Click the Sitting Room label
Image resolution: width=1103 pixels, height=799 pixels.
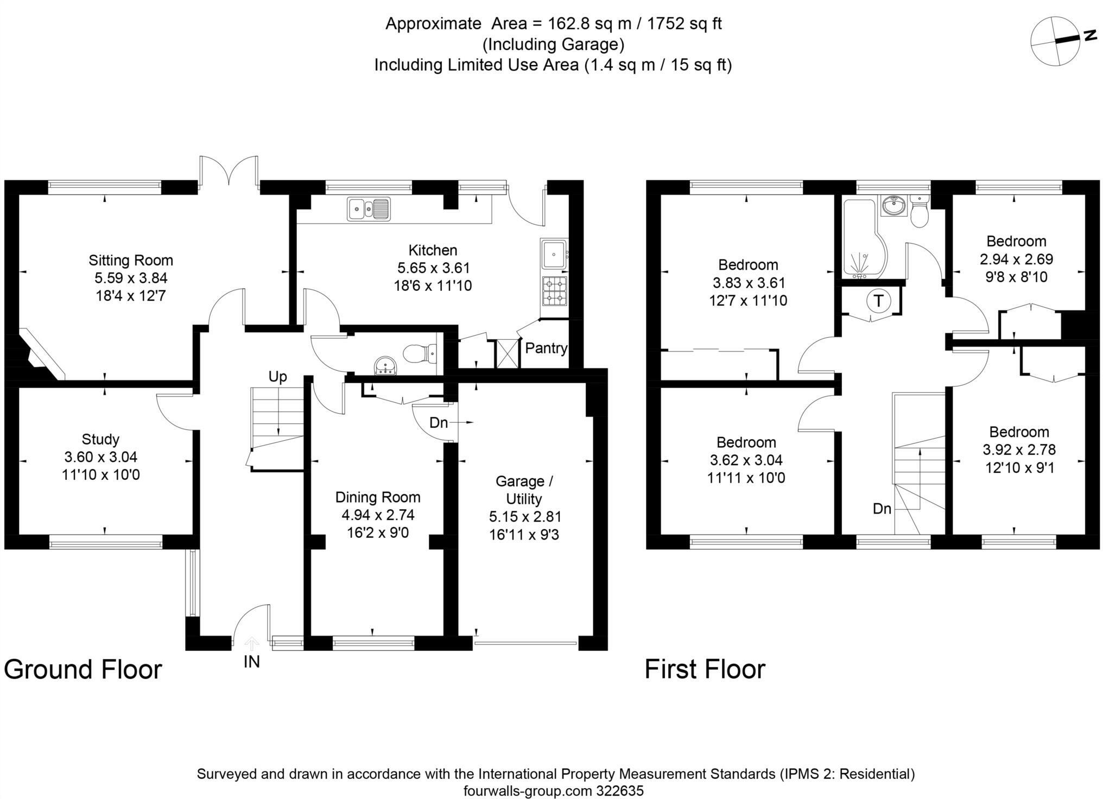[131, 260]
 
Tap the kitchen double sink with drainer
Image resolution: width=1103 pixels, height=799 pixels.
[369, 208]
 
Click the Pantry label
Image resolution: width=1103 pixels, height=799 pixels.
[546, 348]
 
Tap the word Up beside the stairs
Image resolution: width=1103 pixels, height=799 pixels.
[277, 377]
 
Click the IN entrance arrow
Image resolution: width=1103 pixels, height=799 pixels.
[251, 645]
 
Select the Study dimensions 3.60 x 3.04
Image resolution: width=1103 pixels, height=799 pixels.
[100, 457]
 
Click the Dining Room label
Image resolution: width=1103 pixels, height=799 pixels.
[377, 497]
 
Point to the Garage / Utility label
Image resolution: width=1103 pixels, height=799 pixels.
[524, 490]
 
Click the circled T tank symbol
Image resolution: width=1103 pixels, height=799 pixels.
[877, 300]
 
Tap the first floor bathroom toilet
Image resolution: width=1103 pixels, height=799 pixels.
[920, 214]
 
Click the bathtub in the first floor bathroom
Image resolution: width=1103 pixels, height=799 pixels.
[860, 239]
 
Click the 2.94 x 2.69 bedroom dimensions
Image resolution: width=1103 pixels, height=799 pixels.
[1016, 259]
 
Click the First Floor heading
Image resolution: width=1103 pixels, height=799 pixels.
[705, 669]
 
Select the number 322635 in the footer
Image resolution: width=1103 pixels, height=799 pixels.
[618, 790]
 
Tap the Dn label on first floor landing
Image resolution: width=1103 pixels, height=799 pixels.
[882, 509]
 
